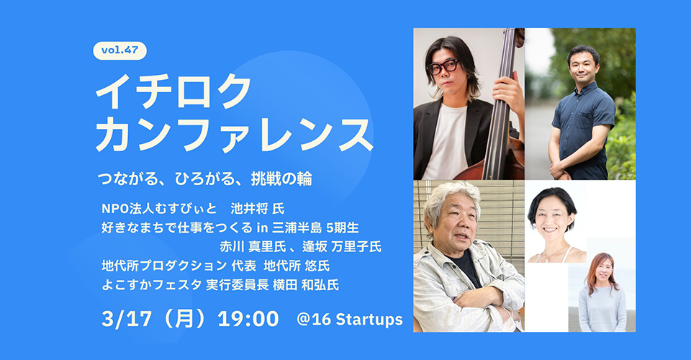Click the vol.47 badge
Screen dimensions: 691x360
(x=120, y=50)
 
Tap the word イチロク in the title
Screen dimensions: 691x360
(x=173, y=91)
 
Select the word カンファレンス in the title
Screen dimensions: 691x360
(x=235, y=134)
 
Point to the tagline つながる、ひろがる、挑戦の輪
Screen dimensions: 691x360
(x=205, y=179)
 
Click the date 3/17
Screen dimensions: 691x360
(x=127, y=319)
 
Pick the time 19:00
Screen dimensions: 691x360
(x=248, y=319)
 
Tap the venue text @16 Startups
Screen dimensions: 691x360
(x=350, y=320)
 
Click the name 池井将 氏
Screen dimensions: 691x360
(x=258, y=208)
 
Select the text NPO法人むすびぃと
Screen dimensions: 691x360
(x=160, y=208)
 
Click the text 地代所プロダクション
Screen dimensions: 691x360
(x=164, y=266)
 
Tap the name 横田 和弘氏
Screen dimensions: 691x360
(x=306, y=285)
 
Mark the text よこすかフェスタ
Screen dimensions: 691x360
(x=152, y=285)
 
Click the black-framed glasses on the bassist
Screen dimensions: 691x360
(x=443, y=66)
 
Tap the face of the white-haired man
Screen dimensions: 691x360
(x=453, y=224)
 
